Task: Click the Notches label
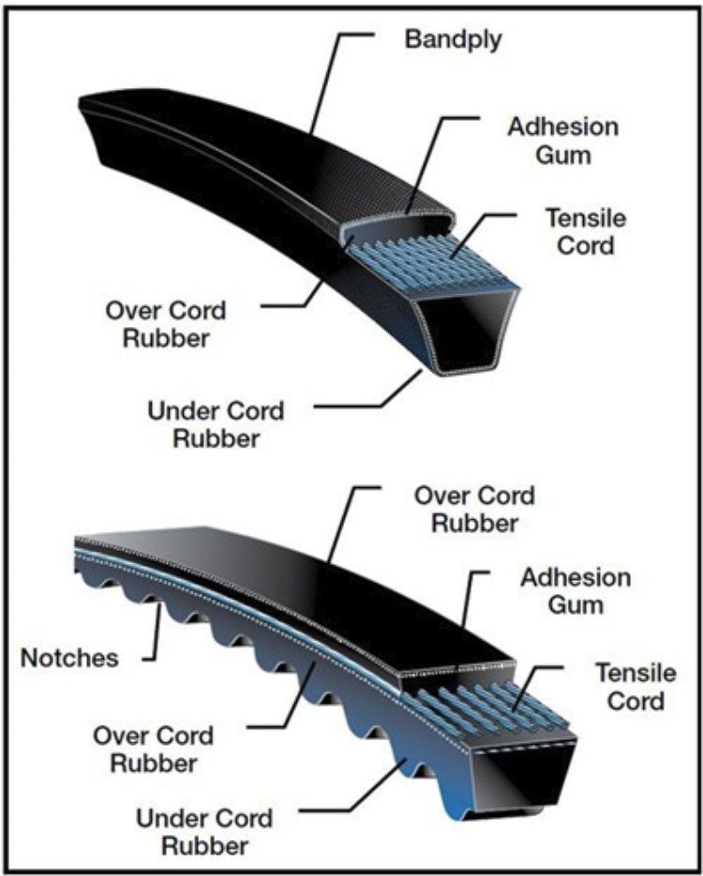[x=69, y=658]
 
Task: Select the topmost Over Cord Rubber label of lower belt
[x=474, y=509]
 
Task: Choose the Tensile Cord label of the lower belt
[x=636, y=686]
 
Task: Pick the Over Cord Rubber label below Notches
[x=153, y=749]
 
